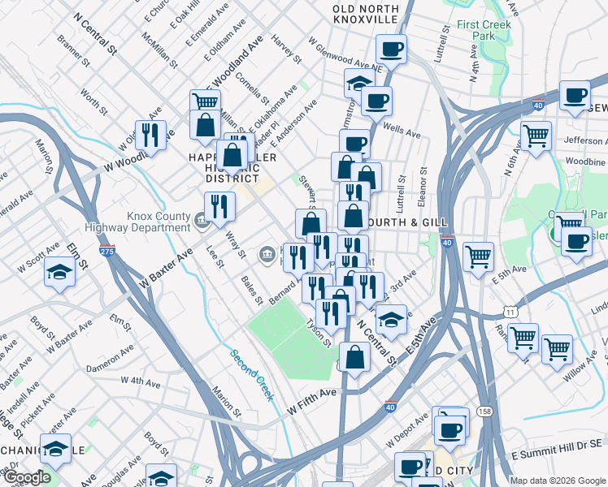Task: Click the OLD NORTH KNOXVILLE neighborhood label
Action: [x=365, y=13]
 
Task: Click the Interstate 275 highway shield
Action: [x=106, y=251]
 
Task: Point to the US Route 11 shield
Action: [x=509, y=312]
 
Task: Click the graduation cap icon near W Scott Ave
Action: [x=59, y=274]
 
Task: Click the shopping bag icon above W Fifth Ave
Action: [x=355, y=357]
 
